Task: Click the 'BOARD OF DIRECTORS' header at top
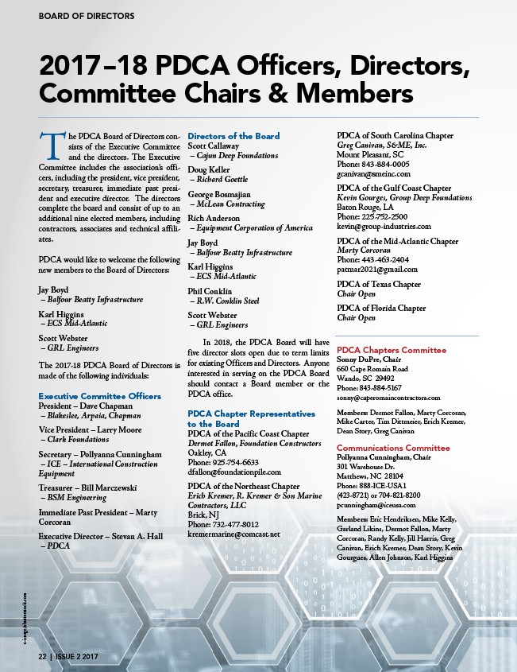87,16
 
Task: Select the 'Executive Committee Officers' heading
100,395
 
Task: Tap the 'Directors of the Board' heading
233,136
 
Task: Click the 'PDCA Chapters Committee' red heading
392,350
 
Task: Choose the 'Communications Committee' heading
393,448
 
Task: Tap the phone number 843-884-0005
373,164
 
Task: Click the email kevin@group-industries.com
384,226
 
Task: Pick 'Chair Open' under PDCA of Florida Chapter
357,317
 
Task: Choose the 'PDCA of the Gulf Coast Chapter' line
394,188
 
